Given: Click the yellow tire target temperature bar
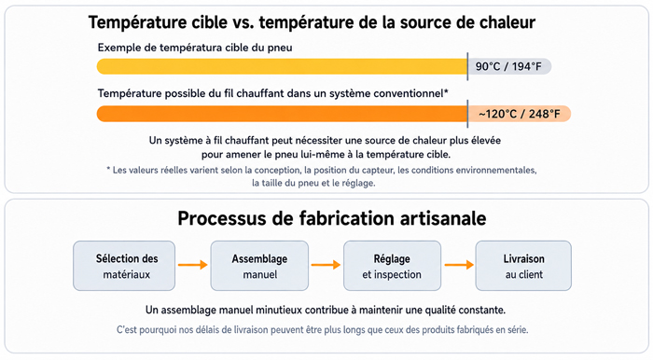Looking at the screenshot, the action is click(x=282, y=66).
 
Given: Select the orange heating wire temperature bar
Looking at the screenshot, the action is click(x=282, y=114).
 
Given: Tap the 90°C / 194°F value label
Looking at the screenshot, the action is click(x=509, y=66).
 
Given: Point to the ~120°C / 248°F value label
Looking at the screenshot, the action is click(x=520, y=114).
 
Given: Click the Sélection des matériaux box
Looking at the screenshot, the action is click(x=124, y=266).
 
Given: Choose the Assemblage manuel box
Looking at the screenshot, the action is click(x=259, y=266).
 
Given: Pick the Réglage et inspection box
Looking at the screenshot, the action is click(x=392, y=266).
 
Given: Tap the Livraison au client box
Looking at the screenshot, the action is click(x=523, y=266).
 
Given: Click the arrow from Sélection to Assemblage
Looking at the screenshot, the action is click(x=193, y=265).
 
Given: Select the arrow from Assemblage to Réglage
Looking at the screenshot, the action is click(x=326, y=265).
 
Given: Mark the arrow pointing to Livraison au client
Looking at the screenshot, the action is click(x=459, y=265).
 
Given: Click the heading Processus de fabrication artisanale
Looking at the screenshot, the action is click(x=332, y=218).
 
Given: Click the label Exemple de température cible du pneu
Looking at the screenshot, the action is click(x=195, y=48).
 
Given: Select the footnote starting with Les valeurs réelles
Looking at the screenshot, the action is click(x=321, y=176).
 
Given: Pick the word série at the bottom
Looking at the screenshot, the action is click(x=518, y=330).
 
